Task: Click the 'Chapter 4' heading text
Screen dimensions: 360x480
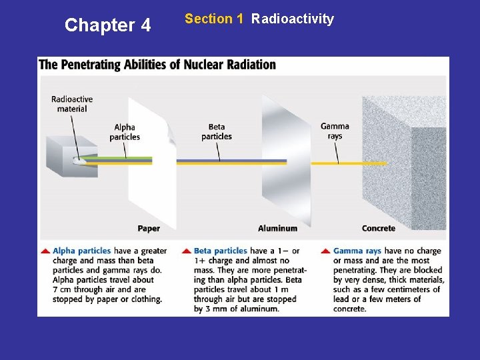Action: click(x=108, y=25)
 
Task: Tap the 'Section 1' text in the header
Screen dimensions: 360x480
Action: click(x=214, y=19)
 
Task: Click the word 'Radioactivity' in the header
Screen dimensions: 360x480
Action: click(x=293, y=19)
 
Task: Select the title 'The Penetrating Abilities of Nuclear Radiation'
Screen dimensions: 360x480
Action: click(x=157, y=65)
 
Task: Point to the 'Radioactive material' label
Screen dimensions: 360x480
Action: click(x=72, y=104)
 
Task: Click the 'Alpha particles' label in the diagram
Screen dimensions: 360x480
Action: click(x=125, y=132)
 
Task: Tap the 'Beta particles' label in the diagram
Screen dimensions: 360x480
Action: click(x=217, y=131)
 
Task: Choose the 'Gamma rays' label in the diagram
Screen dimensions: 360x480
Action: click(x=335, y=131)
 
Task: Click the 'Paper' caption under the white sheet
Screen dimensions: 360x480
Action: click(x=149, y=228)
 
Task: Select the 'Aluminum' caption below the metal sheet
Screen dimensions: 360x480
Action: click(x=277, y=228)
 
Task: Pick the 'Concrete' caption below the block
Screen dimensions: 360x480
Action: click(x=379, y=228)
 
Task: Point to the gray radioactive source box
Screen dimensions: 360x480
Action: click(x=70, y=153)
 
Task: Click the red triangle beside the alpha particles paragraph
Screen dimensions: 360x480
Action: click(x=45, y=251)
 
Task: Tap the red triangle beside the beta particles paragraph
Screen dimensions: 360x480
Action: click(x=186, y=251)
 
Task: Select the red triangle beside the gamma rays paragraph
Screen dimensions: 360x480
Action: click(x=325, y=251)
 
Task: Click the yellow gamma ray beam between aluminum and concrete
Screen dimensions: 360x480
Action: click(x=337, y=163)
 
